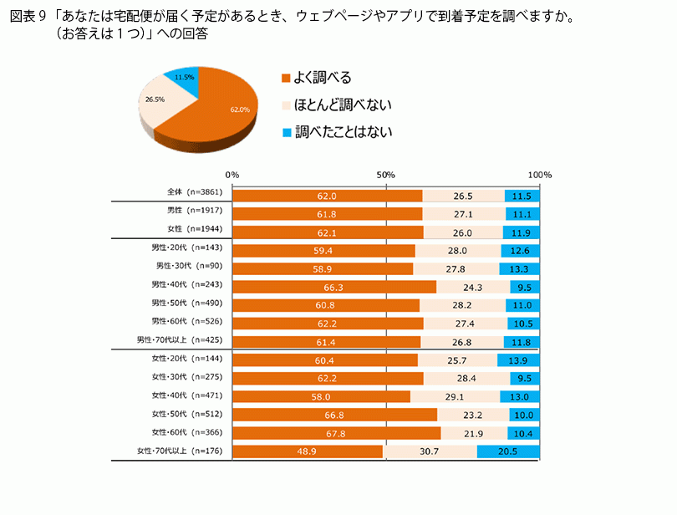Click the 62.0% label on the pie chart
(x=241, y=110)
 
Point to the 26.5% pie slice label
(x=154, y=99)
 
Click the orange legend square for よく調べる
(x=286, y=78)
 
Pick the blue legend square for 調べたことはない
(x=286, y=132)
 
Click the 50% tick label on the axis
(x=385, y=175)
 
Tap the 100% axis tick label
(x=539, y=175)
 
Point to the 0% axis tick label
(x=232, y=175)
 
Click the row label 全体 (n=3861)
(x=194, y=193)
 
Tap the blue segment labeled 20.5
(x=509, y=451)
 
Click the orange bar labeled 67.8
(x=337, y=433)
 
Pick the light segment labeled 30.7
(x=430, y=451)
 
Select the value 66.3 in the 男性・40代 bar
(x=326, y=286)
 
